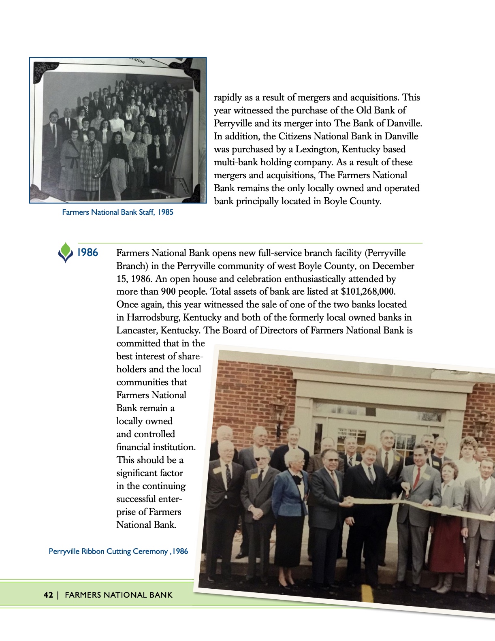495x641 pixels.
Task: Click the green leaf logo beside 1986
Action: [x=66, y=252]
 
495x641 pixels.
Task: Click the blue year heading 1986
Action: [x=87, y=253]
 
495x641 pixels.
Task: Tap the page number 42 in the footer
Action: [x=48, y=595]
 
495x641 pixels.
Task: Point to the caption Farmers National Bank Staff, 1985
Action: [x=117, y=212]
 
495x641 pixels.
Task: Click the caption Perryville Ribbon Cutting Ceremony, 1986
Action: [x=118, y=551]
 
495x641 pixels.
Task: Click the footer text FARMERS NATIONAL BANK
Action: [x=119, y=595]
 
